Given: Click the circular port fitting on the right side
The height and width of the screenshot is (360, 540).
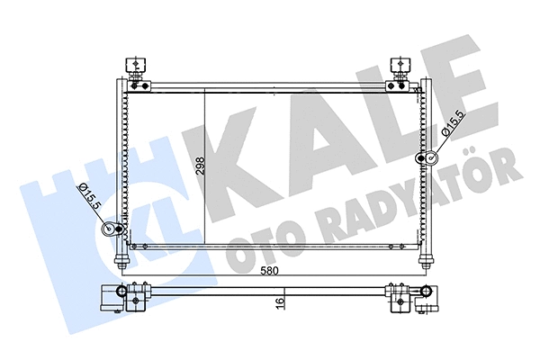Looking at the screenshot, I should pos(428,159).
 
